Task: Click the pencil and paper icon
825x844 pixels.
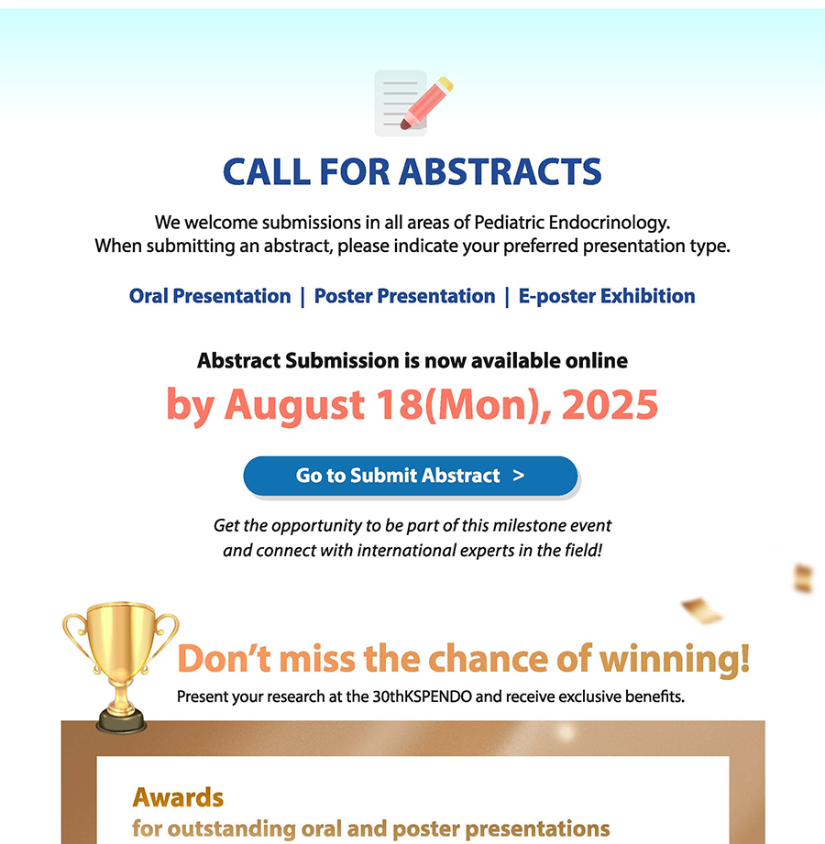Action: [x=413, y=103]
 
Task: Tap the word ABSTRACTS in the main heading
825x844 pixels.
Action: [x=500, y=172]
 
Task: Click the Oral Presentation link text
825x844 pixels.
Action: [x=210, y=296]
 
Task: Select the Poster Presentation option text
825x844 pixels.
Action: [x=404, y=296]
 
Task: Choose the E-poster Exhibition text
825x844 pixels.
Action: [x=607, y=296]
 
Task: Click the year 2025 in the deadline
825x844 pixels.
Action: [x=610, y=404]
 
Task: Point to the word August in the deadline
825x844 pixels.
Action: [x=294, y=405]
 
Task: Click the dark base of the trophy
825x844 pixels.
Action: [x=121, y=721]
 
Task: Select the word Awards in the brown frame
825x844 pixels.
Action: [x=178, y=797]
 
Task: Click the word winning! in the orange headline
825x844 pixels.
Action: [x=675, y=659]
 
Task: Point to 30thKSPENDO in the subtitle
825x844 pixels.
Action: [x=423, y=696]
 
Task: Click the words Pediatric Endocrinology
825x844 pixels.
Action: [x=572, y=223]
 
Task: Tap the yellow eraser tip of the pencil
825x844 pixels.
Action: [x=445, y=84]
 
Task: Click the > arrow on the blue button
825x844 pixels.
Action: [x=519, y=476]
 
